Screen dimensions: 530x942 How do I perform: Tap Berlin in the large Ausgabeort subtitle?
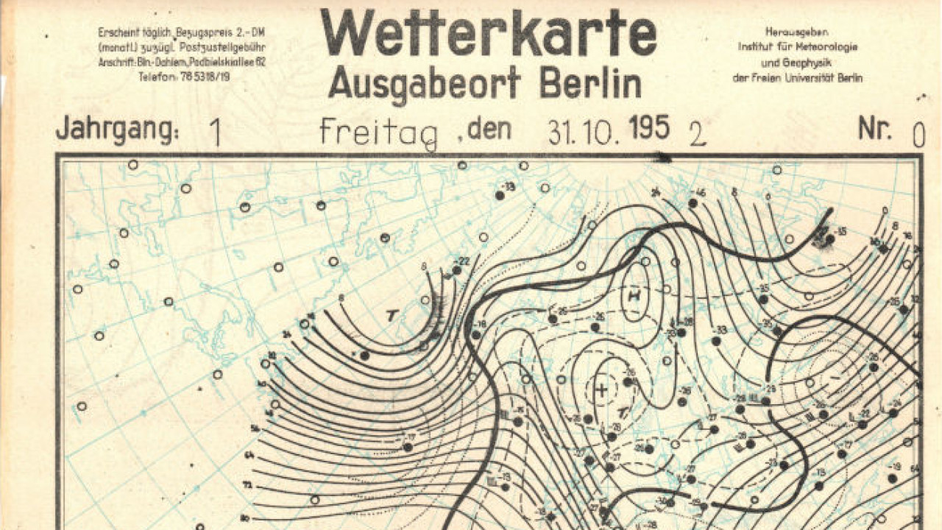[590, 82]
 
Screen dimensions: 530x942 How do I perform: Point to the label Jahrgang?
[117, 130]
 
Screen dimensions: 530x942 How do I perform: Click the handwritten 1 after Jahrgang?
[215, 133]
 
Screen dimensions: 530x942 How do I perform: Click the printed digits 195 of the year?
[650, 129]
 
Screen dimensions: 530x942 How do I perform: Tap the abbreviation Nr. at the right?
[874, 130]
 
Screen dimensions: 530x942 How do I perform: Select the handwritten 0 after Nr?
[918, 135]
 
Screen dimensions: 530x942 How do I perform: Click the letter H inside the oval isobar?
[633, 297]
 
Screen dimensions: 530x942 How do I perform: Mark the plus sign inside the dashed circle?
[601, 389]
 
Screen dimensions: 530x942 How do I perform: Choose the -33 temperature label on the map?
[722, 330]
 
